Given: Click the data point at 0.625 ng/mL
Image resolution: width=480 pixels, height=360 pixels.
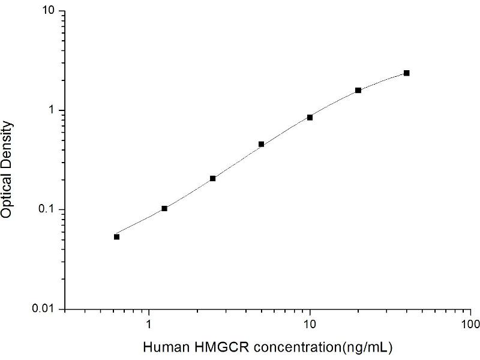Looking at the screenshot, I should (116, 236).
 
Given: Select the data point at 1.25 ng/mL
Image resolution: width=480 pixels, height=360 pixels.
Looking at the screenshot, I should (164, 208).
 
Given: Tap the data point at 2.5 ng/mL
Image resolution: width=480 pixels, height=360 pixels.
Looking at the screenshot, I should (213, 178).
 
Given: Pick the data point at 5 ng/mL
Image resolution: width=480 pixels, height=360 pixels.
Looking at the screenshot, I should (262, 144).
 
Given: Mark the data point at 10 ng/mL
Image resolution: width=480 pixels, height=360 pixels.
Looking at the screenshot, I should (310, 117).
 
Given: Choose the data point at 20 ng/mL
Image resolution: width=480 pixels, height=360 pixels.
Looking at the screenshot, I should (358, 90).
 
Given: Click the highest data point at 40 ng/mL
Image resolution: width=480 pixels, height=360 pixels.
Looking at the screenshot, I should (407, 73).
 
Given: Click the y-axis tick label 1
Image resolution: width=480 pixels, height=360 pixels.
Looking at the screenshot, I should (53, 110).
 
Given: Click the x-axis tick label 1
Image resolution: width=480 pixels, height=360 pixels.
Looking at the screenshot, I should (149, 325).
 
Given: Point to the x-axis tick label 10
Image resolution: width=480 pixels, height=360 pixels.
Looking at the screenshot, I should (310, 325).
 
